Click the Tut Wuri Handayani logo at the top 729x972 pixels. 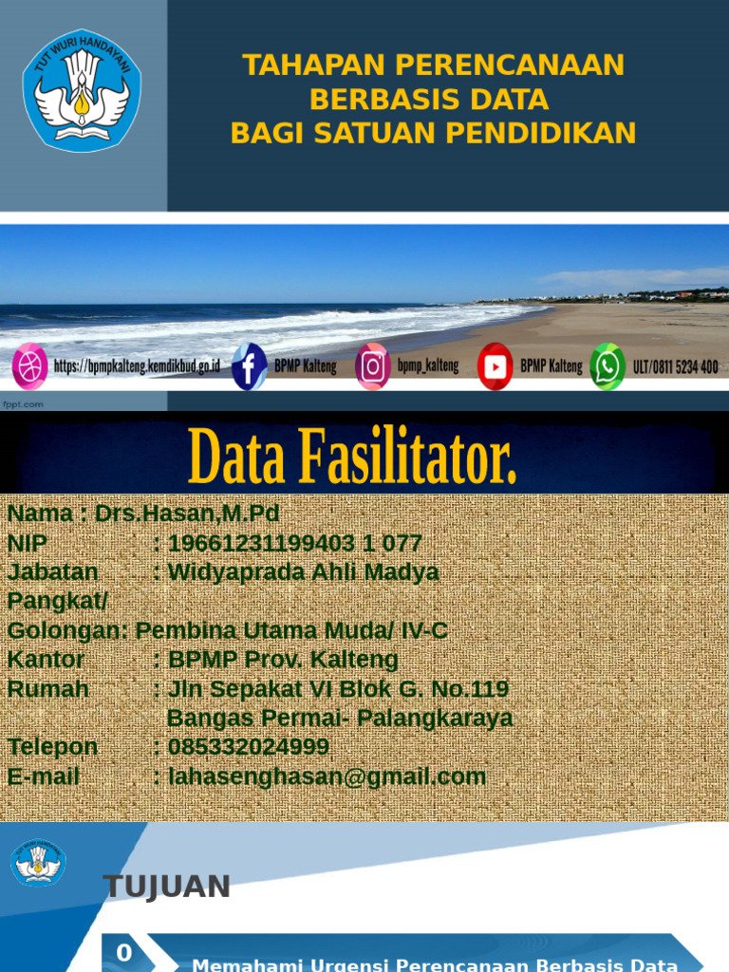pos(82,91)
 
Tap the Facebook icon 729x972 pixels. pos(249,366)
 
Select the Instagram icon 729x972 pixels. pos(373,366)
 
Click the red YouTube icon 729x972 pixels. pos(495,366)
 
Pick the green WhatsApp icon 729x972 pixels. pos(607,366)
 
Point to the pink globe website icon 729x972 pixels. pos(29,366)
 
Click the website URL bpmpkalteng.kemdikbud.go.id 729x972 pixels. pos(137,366)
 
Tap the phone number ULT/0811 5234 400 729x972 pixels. pos(676,366)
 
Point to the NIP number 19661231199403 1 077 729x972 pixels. pos(294,544)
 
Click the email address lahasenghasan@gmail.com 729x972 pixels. pos(327,776)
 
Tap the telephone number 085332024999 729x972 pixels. pos(249,747)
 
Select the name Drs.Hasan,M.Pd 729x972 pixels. pos(187,514)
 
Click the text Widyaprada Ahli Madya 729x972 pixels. pos(303,572)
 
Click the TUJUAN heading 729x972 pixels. pos(166,887)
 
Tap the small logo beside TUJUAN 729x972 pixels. pos(38,863)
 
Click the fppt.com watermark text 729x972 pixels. pos(23,404)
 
